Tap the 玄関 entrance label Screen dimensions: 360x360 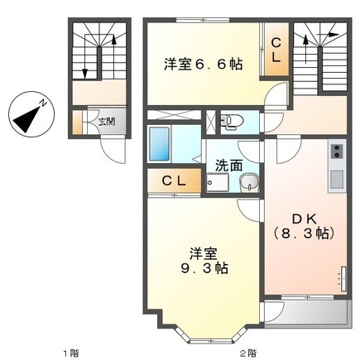[x=107, y=121]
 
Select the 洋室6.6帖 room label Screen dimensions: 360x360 [x=203, y=63]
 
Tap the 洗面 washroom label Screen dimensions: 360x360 [x=228, y=164]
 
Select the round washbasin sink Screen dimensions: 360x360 [x=247, y=181]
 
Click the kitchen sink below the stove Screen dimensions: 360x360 [x=337, y=178]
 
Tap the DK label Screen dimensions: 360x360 [x=303, y=218]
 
